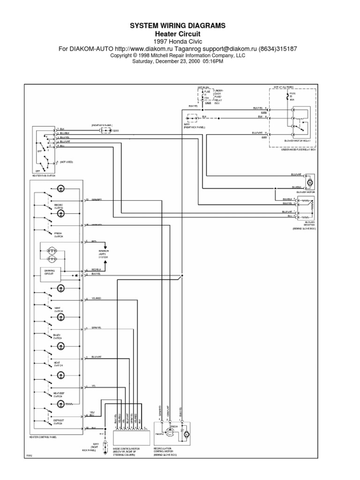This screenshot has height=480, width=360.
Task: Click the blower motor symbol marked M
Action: coord(309,181)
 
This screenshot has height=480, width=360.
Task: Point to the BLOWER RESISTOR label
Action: coord(303,224)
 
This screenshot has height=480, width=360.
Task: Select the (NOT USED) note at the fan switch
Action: coord(66,162)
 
